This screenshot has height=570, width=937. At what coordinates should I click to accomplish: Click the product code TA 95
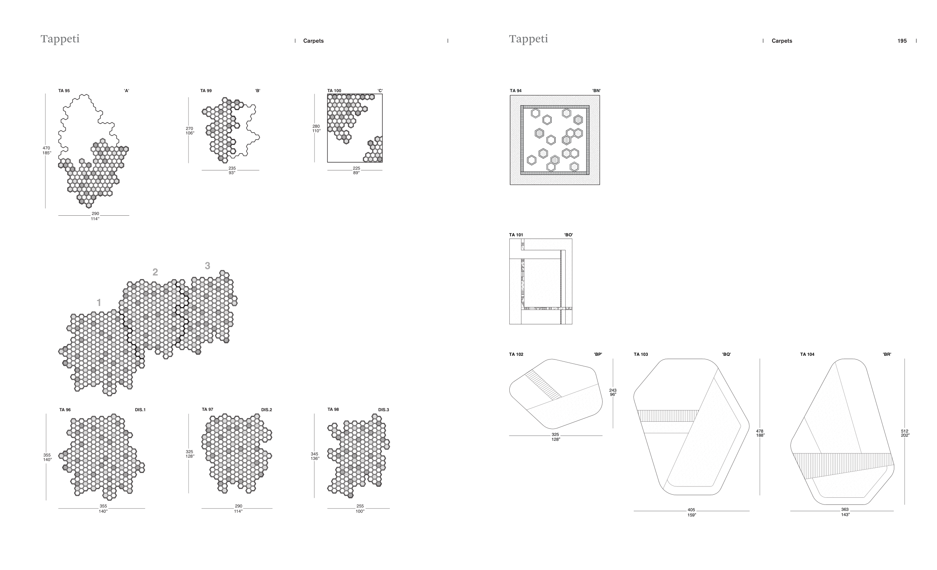click(64, 91)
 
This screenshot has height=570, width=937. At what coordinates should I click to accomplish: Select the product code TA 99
click(206, 91)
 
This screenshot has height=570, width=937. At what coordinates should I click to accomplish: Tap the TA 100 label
click(334, 91)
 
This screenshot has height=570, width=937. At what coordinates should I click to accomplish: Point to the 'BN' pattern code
click(596, 91)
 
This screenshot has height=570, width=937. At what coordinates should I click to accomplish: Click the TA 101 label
click(516, 235)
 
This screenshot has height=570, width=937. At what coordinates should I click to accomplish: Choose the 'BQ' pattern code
click(726, 355)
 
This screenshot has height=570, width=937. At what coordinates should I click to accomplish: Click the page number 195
click(902, 41)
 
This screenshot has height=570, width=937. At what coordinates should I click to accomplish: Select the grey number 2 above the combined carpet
click(155, 272)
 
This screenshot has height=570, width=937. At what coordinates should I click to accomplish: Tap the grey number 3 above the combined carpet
click(207, 266)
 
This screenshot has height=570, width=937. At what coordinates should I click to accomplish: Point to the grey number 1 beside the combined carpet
click(99, 303)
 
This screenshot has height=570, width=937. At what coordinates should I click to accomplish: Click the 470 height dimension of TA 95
click(46, 148)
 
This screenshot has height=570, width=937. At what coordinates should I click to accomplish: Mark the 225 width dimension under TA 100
click(356, 168)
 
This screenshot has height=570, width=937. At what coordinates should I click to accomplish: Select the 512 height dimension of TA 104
click(904, 431)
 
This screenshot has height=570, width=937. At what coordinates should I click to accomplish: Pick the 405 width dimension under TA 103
click(691, 510)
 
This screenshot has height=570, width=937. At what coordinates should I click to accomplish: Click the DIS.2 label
click(266, 410)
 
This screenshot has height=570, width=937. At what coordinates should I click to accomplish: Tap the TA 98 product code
click(333, 410)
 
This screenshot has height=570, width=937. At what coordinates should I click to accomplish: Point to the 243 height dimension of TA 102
click(612, 390)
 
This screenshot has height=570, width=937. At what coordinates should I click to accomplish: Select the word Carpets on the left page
click(313, 41)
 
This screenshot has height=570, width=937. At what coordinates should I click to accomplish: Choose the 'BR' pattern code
click(887, 355)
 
